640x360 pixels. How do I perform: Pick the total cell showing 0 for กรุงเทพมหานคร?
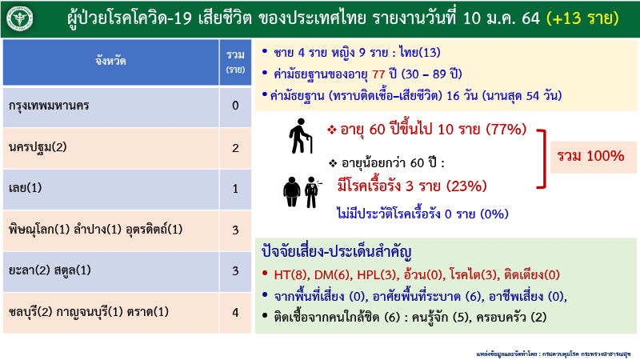click(234, 106)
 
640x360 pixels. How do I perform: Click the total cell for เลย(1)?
click(234, 189)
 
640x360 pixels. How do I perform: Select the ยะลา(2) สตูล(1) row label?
click(55, 270)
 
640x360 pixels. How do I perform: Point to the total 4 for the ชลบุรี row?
click(234, 311)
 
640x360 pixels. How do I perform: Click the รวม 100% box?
click(591, 156)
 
